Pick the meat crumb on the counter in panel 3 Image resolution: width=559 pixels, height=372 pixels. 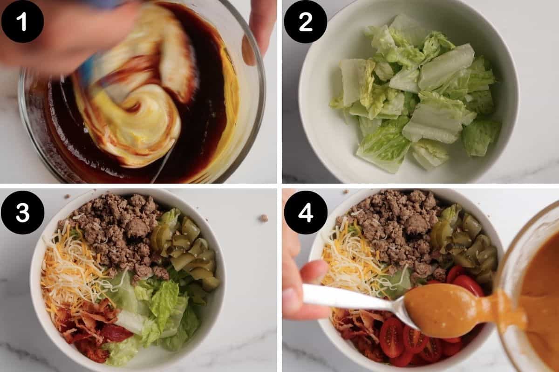[263, 218]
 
